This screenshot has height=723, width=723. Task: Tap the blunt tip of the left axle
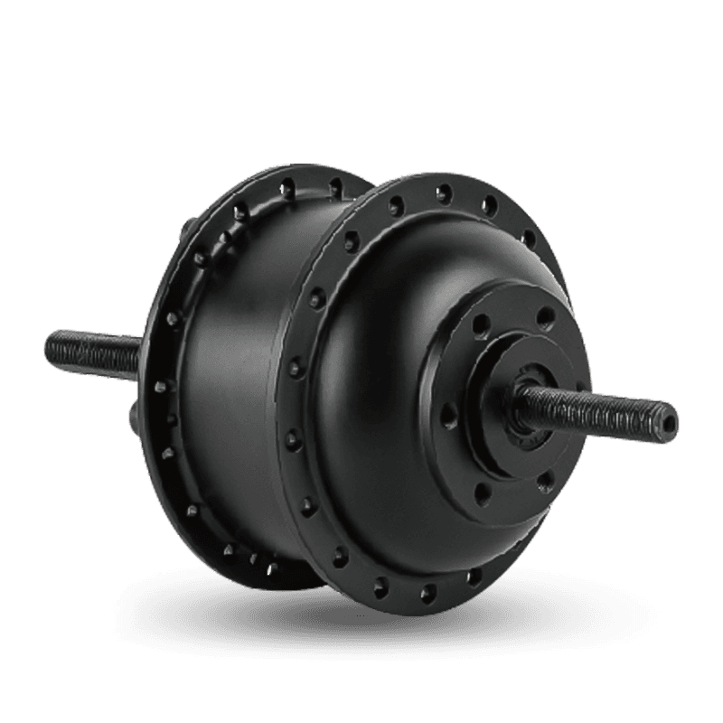pos(48,343)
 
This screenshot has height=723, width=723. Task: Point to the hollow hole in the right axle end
pos(669,418)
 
